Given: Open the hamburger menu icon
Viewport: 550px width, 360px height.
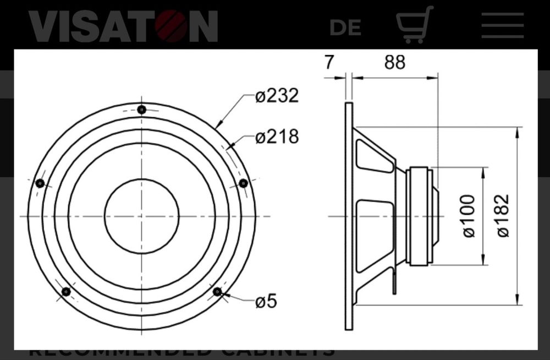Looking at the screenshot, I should pos(502,25).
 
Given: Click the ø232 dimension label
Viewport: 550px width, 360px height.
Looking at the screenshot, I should pos(277,96).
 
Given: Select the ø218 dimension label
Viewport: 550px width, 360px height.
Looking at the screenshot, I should pos(277,137).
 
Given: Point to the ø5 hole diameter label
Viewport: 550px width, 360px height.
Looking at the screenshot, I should pos(266,301).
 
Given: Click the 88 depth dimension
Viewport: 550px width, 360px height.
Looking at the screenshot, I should pos(394,63).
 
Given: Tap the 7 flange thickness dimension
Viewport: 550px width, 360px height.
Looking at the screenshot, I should pos(329,63).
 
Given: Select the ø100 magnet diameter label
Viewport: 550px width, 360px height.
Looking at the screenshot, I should pos(469,216).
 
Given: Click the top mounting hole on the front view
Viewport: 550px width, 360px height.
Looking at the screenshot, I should pos(142,110).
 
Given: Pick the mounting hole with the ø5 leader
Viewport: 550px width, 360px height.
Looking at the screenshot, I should pos(218,292).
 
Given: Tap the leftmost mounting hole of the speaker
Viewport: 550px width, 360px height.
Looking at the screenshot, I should pos(40,183).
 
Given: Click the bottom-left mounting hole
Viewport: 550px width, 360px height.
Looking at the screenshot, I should pos(66,292).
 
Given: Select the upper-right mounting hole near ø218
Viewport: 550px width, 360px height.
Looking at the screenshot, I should pos(243,183).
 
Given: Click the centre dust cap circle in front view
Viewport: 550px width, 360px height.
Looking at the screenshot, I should pos(142,216).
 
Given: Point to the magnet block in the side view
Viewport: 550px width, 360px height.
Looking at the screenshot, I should pos(419,216).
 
